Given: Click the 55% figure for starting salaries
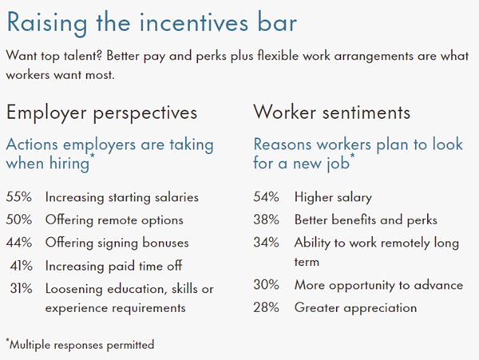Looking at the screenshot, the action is pyautogui.click(x=19, y=197).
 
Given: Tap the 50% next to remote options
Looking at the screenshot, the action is pyautogui.click(x=19, y=220).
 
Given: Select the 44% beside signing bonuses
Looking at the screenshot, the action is pyautogui.click(x=19, y=243).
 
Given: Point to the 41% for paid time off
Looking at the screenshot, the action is pyautogui.click(x=21, y=266).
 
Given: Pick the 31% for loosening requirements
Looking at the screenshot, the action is pyautogui.click(x=21, y=288).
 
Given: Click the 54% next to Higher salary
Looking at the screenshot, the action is pyautogui.click(x=266, y=197).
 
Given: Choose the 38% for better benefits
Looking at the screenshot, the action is pyautogui.click(x=266, y=220).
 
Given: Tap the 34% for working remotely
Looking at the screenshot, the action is pyautogui.click(x=266, y=243).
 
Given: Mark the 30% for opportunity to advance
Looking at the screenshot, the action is pyautogui.click(x=266, y=285).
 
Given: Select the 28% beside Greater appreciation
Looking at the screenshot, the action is pyautogui.click(x=266, y=307).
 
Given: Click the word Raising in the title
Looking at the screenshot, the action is pyautogui.click(x=47, y=24).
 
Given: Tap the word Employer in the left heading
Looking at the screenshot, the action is pyautogui.click(x=46, y=113).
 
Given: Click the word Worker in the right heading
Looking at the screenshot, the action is pyautogui.click(x=284, y=112).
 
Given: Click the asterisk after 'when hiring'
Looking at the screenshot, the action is pyautogui.click(x=93, y=156).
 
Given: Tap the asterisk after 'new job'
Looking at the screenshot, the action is pyautogui.click(x=353, y=156).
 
